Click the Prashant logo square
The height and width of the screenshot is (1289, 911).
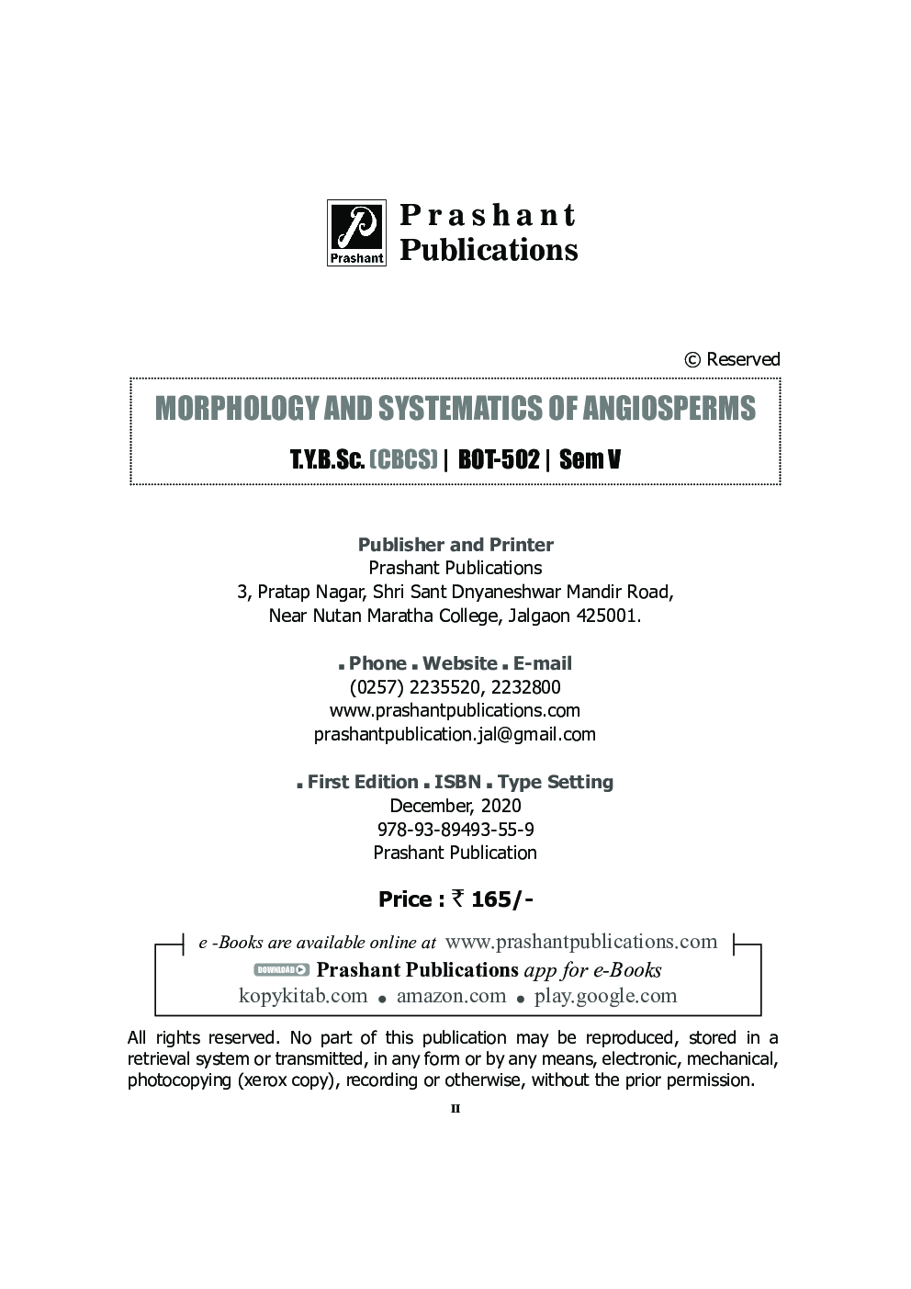357,233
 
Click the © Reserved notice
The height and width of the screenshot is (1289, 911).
732,359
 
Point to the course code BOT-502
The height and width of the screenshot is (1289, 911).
498,458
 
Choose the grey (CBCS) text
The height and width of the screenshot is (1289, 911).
402,458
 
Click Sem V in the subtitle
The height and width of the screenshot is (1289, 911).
590,458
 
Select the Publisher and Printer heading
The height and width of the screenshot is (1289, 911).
455,545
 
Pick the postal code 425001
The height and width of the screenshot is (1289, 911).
607,616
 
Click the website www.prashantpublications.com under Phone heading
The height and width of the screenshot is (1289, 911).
455,710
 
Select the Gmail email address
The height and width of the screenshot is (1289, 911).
455,734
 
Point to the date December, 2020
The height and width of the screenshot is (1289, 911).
455,806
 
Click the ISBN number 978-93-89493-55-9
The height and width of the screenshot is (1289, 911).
455,829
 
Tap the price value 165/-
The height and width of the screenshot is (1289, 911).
502,899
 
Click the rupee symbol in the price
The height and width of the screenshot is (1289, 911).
458,899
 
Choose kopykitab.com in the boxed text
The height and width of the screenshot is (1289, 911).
303,996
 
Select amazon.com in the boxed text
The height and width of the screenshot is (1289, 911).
451,996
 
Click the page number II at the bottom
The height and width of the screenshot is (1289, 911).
455,1109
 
